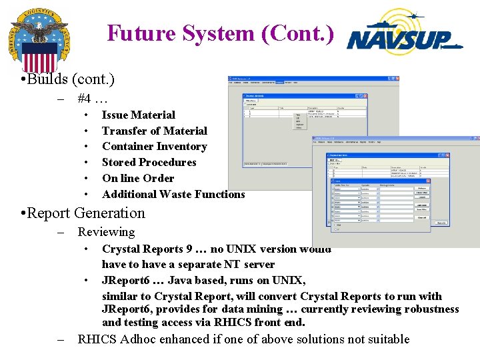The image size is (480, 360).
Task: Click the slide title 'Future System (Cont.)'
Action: click(x=220, y=33)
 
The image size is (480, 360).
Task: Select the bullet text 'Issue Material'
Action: click(x=138, y=115)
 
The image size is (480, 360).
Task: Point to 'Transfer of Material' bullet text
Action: click(x=154, y=131)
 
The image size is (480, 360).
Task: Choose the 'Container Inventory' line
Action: click(x=154, y=147)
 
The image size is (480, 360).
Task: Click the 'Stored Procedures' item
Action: click(x=149, y=163)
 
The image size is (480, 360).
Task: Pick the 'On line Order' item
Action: click(x=137, y=179)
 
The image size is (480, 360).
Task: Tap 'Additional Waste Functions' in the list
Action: click(x=173, y=195)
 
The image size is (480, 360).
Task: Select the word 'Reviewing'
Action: click(x=106, y=232)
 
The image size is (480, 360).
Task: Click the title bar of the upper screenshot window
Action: click(x=313, y=80)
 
